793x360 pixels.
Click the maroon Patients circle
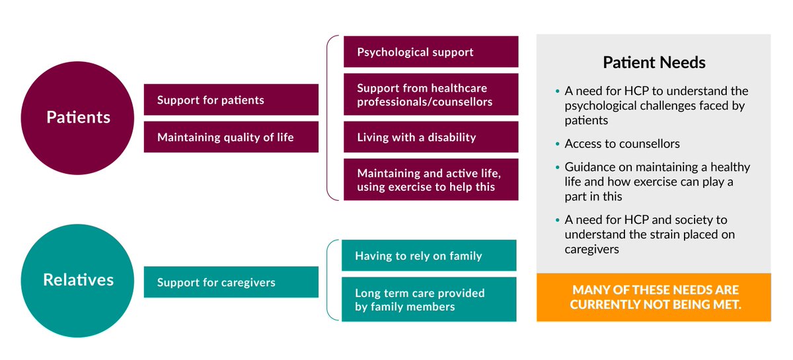pos(78,118)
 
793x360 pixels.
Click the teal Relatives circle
pos(78,280)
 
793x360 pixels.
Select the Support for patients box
pos(231,100)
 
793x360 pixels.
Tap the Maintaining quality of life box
pos(231,137)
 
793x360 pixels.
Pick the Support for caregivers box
pos(231,282)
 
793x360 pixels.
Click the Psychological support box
pos(430,52)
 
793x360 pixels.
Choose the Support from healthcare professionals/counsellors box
pos(430,94)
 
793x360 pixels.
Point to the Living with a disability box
pos(430,137)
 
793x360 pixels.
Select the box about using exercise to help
pos(430,179)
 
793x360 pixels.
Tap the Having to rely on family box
pos(428,255)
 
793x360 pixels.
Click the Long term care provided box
pos(428,299)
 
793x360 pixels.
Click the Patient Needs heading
pos(654,63)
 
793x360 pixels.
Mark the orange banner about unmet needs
pos(654,297)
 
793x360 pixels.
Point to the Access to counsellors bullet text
pos(622,144)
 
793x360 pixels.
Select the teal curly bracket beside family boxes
pos(330,280)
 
